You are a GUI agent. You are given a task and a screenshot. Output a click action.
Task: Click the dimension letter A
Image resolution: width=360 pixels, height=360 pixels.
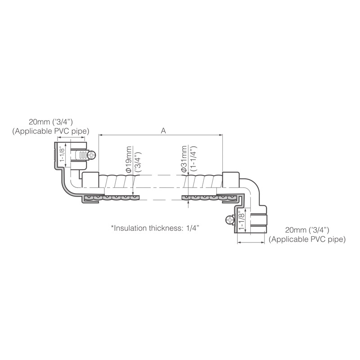click(x=163, y=131)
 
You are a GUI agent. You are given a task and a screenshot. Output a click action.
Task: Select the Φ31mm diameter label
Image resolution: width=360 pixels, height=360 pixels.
click(x=184, y=159)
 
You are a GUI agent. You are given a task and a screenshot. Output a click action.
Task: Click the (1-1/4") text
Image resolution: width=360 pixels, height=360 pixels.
click(x=193, y=159)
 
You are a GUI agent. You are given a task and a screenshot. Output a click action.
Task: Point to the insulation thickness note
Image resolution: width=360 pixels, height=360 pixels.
click(x=155, y=228)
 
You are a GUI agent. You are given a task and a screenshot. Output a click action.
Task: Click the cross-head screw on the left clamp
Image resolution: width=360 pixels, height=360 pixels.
click(x=92, y=155)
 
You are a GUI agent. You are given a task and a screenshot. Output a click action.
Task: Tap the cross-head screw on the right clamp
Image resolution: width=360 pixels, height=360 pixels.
click(x=230, y=220)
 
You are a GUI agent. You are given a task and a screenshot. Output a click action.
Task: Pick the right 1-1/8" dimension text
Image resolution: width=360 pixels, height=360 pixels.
click(x=241, y=220)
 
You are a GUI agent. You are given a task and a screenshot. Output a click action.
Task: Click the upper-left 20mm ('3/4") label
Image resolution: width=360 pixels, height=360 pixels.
click(x=50, y=121)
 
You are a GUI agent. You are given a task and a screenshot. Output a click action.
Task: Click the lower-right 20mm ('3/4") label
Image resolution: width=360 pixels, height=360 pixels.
click(x=307, y=230)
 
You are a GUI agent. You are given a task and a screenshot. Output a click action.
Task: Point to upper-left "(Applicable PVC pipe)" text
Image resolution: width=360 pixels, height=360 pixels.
click(x=50, y=131)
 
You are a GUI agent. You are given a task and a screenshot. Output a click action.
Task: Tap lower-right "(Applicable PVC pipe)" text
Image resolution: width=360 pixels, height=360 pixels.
click(x=307, y=239)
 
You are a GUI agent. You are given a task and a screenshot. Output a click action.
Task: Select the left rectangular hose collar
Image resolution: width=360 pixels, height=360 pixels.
click(x=90, y=180)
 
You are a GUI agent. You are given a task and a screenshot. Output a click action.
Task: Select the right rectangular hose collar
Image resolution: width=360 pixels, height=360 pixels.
click(x=231, y=180)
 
